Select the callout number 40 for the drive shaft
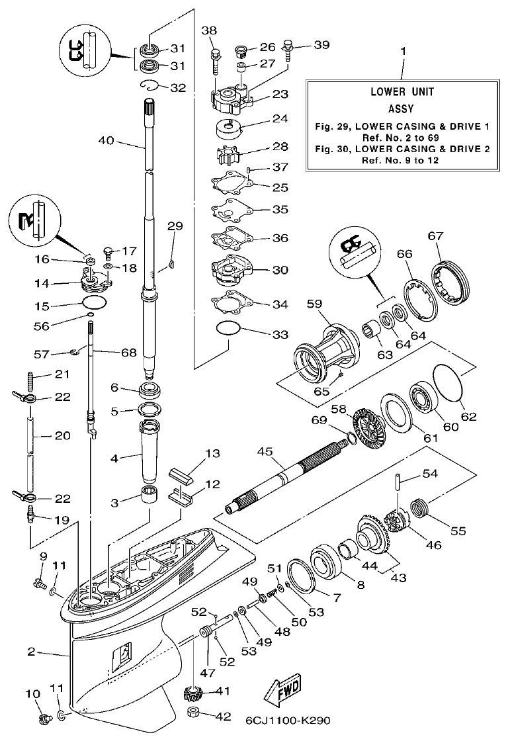[x=106, y=140]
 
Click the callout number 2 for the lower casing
[x=31, y=652]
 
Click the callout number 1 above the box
[x=403, y=51]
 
